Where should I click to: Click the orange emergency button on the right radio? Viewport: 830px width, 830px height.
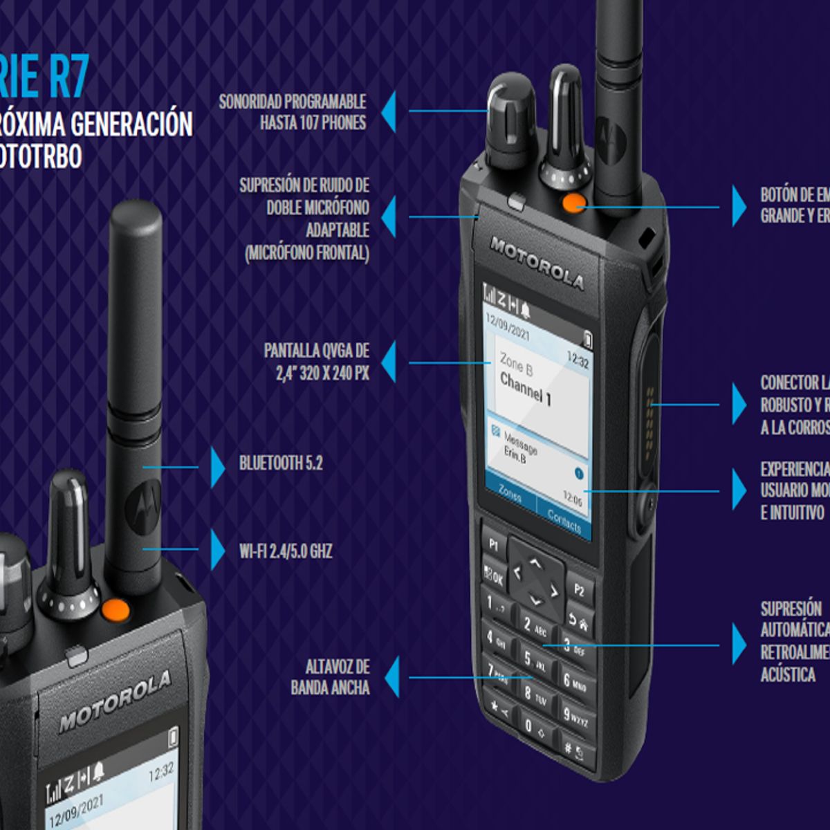point(573,203)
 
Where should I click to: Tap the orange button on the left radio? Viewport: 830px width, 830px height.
point(116,610)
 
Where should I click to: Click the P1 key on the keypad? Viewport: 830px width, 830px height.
point(494,544)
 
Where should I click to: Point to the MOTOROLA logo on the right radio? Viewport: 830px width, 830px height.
point(537,263)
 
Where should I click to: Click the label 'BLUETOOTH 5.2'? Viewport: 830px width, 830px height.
point(281,463)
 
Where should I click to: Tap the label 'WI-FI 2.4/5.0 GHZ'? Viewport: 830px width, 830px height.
point(286,551)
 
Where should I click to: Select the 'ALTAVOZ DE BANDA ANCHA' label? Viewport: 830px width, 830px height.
point(331,677)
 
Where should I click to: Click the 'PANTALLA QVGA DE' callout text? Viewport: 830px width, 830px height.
point(316,351)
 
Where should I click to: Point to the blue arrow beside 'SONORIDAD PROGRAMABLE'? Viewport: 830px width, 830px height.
point(389,111)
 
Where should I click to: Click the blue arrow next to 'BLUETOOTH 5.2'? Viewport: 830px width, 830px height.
point(218,467)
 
